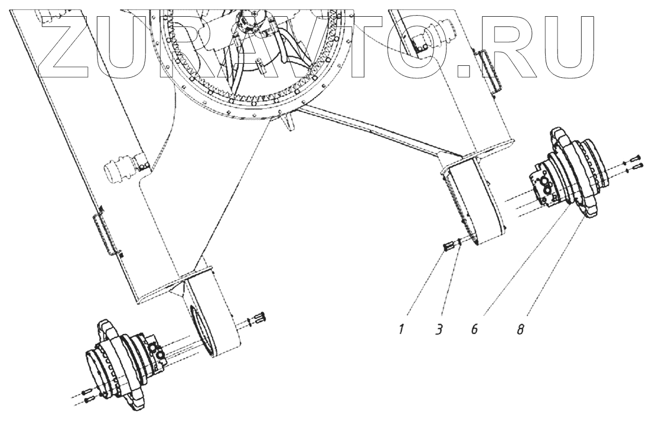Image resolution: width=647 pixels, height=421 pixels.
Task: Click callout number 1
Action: [402, 329]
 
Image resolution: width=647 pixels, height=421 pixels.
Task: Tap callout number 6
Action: [474, 329]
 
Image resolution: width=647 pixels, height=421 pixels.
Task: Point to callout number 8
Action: [520, 329]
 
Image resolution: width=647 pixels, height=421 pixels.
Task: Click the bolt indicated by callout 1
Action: [448, 247]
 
